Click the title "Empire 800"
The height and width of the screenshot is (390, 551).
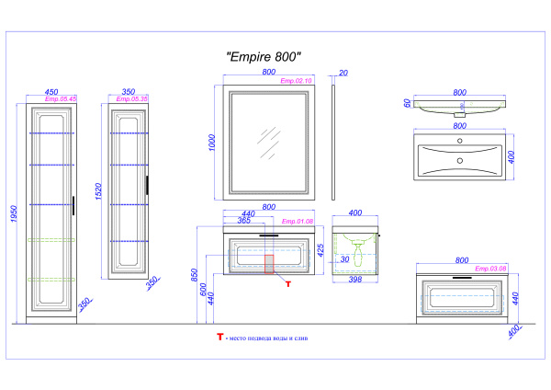[264, 57]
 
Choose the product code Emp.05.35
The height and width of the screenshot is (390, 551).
[133, 98]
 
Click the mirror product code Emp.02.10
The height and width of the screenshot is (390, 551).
[296, 81]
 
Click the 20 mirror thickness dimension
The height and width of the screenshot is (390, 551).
[343, 73]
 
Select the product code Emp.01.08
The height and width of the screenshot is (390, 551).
[298, 222]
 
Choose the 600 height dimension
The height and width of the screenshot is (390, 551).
[206, 287]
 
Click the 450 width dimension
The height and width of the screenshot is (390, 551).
[51, 92]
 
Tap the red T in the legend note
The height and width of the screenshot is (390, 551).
[219, 338]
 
